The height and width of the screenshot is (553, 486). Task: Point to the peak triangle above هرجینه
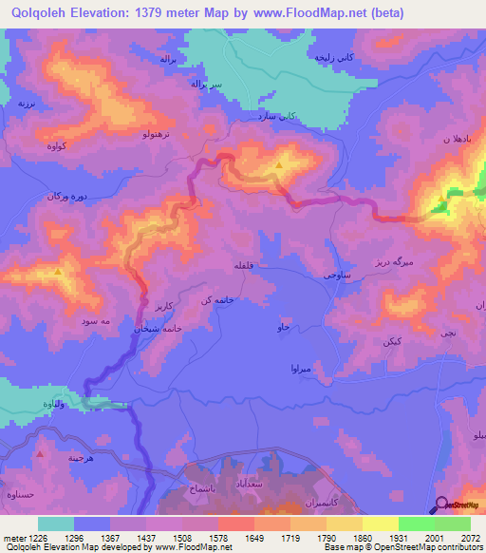point(39,453)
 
